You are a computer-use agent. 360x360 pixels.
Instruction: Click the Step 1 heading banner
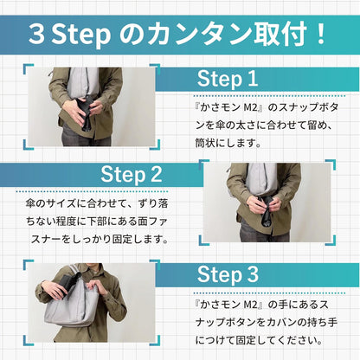pos(228,80)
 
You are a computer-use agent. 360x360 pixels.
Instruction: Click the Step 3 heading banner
pos(228,274)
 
